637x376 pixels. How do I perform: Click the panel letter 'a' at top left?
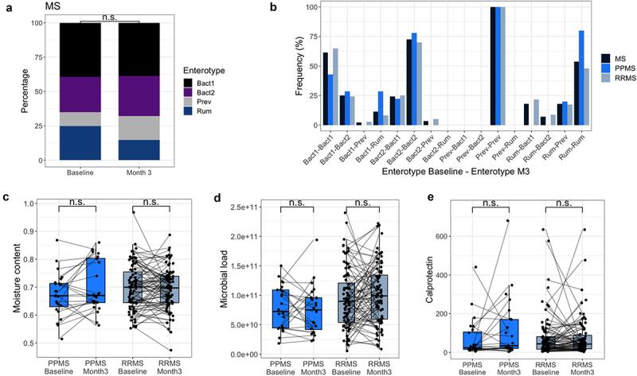click(7, 8)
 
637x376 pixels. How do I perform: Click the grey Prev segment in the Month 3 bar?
click(139, 128)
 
